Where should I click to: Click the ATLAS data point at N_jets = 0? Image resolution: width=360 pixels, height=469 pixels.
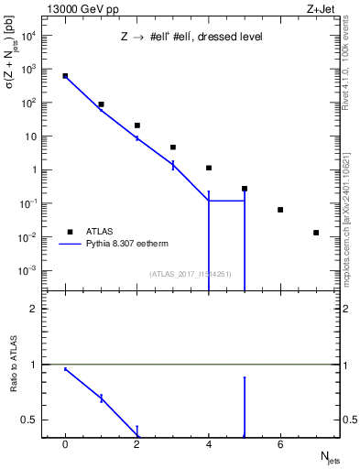[65, 76]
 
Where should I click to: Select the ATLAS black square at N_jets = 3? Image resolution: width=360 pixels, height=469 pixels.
[173, 147]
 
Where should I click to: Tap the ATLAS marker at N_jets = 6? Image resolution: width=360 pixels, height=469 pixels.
[280, 210]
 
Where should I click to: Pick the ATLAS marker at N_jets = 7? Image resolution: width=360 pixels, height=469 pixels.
[316, 233]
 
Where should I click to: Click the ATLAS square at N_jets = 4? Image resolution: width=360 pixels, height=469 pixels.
[209, 168]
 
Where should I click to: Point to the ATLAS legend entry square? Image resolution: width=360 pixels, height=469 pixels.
[71, 232]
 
